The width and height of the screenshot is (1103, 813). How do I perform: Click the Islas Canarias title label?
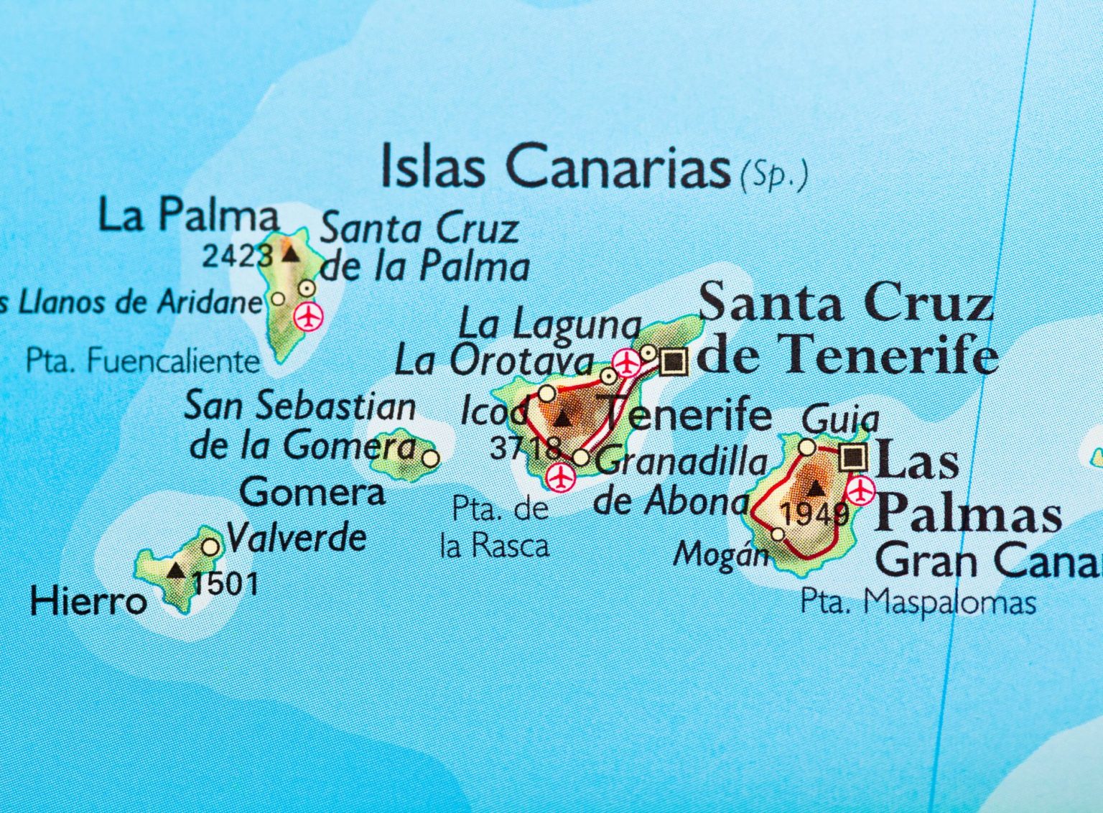click(554, 167)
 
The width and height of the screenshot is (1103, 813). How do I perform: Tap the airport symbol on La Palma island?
click(309, 316)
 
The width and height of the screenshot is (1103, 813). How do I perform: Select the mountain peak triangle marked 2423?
click(290, 254)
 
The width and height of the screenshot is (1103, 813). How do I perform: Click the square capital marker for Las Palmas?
click(853, 456)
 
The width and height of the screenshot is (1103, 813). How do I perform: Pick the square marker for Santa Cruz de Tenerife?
click(673, 362)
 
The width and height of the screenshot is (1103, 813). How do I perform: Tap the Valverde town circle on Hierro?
click(210, 547)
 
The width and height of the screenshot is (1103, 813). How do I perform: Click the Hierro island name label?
click(88, 601)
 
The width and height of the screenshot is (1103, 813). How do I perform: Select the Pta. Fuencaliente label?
click(142, 361)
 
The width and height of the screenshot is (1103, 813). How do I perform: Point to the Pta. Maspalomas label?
click(918, 602)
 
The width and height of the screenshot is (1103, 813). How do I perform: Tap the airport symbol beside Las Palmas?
click(860, 491)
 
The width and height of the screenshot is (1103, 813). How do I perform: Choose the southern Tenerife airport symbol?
click(560, 477)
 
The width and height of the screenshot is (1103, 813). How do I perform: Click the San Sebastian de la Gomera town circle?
click(430, 457)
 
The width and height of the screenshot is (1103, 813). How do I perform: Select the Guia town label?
click(839, 419)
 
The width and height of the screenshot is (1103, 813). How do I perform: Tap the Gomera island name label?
click(312, 493)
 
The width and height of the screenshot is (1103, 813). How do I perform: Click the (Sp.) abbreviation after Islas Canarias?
click(773, 175)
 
